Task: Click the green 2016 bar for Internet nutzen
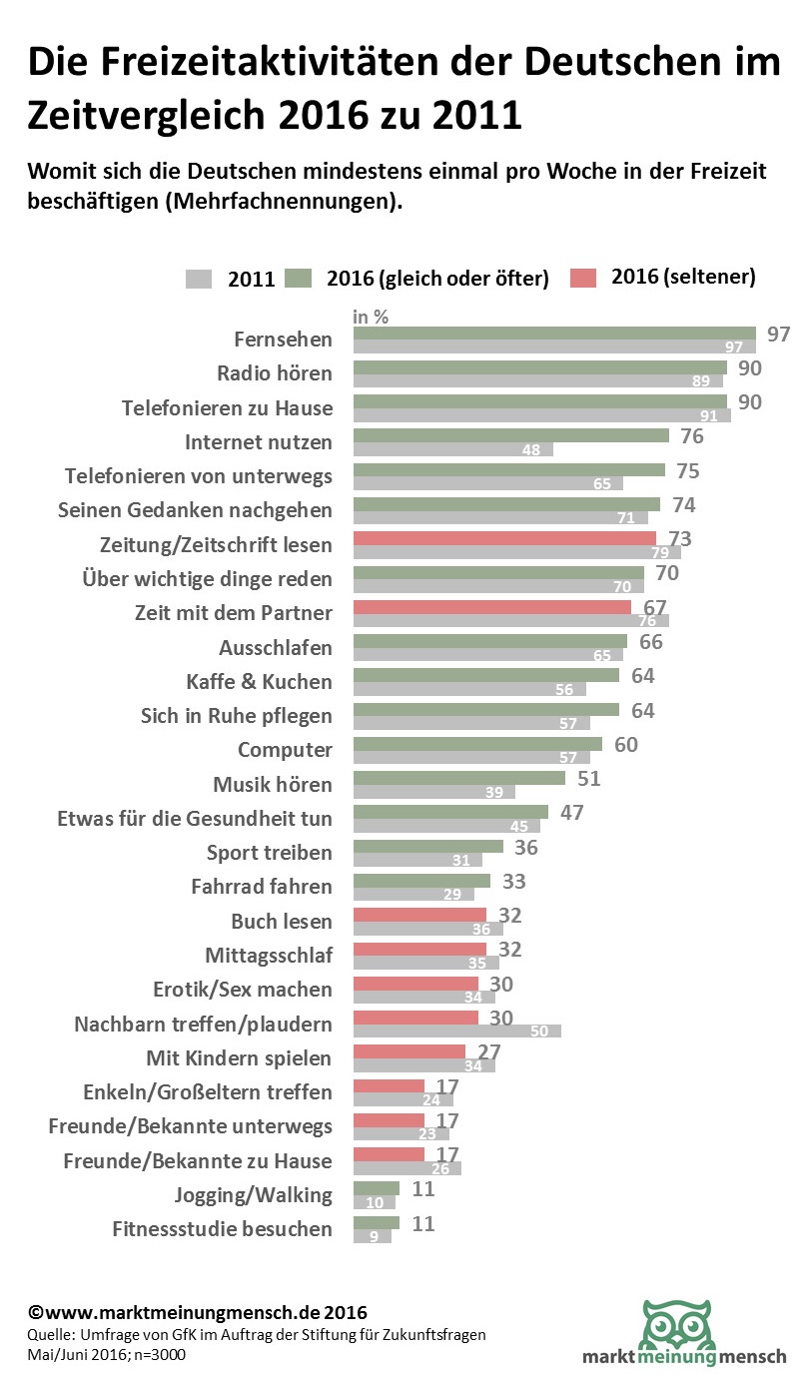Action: coord(510,435)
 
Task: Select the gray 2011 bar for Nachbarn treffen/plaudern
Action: coord(456,1031)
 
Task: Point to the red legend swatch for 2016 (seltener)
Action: coord(585,278)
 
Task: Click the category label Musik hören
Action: coord(272,784)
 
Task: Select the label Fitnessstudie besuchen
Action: coord(222,1228)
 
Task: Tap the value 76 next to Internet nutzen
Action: coord(691,436)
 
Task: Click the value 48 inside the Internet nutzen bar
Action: coord(531,450)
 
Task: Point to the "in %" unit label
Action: coord(371,317)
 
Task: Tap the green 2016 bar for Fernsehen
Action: coord(554,333)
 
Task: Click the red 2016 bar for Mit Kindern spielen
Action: coord(409,1050)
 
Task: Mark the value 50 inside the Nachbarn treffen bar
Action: coord(540,1031)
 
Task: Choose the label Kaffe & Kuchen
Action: coord(259,682)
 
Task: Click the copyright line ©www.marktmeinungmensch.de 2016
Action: coord(197,1311)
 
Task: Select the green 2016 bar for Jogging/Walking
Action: coord(377,1188)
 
